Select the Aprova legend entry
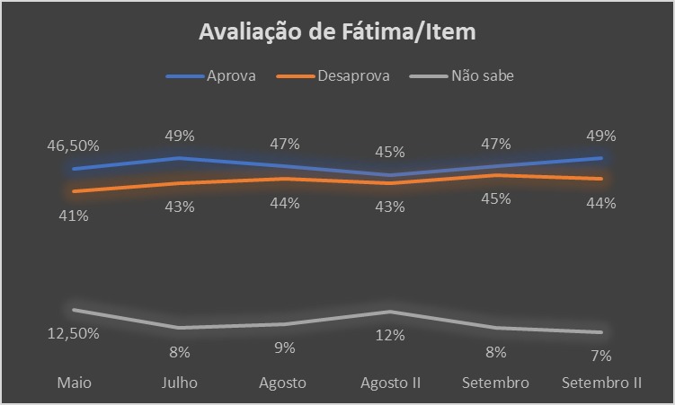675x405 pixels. (x=231, y=75)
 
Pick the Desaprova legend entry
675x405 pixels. (x=352, y=75)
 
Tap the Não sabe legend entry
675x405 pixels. (x=482, y=75)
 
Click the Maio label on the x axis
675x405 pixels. (x=74, y=383)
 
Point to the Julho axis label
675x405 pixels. (x=180, y=383)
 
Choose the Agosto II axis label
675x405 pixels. (x=391, y=383)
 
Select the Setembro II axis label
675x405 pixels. (x=601, y=383)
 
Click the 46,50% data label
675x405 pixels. (x=74, y=145)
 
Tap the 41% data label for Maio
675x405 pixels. (x=74, y=216)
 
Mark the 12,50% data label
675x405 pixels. (x=74, y=333)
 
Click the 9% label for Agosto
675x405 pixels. (x=285, y=348)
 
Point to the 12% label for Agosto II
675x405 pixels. (x=391, y=335)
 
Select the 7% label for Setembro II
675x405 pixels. (x=601, y=355)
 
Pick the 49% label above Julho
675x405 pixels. (x=180, y=136)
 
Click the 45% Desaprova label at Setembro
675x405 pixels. (x=495, y=198)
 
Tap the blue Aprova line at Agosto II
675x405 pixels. (x=391, y=175)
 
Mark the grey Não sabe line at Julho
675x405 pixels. (x=180, y=327)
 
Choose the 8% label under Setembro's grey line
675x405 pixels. (x=495, y=352)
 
